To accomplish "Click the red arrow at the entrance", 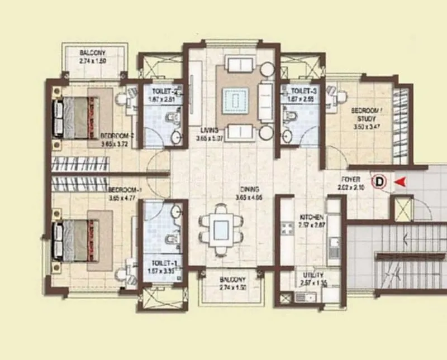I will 400,181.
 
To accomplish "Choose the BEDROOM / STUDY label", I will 364,114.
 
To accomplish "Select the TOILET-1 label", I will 163,263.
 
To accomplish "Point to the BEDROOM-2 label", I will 117,136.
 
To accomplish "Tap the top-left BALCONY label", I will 92,53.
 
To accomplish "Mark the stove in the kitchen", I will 288,228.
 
